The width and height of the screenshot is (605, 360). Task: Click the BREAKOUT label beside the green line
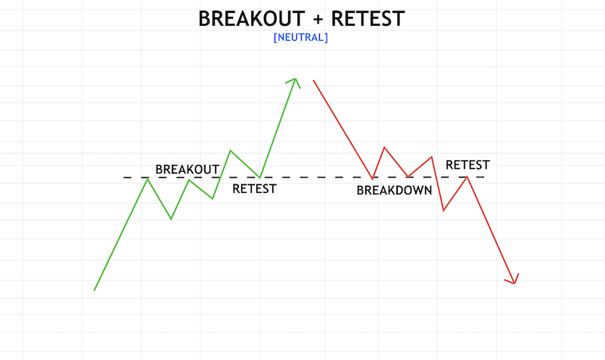pos(187,169)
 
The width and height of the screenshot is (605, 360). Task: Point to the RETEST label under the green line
pos(254,188)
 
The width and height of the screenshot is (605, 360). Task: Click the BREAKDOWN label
pos(394,191)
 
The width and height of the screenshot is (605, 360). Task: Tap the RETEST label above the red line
pos(467,164)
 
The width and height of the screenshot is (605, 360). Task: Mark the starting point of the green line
pos(95,290)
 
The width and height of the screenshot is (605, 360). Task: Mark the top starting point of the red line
pos(313,80)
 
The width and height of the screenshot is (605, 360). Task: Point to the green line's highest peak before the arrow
pos(231,151)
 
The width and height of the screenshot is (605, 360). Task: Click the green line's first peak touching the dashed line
pos(147,178)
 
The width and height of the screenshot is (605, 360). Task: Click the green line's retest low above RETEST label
pos(260,178)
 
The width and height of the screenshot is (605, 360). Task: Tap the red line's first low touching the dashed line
pos(373,178)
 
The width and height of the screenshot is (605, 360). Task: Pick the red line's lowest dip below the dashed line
pos(443,210)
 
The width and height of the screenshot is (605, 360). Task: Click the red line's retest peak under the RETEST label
pos(467,177)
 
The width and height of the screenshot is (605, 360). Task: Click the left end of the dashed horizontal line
pos(126,178)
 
